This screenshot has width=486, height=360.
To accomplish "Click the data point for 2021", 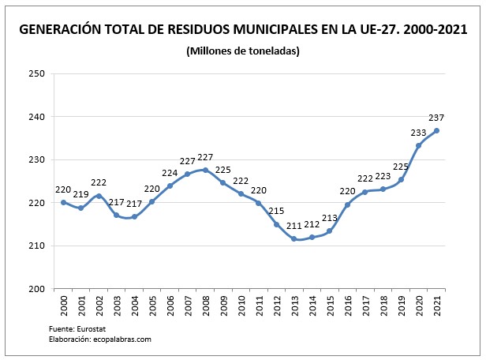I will [x=436, y=131].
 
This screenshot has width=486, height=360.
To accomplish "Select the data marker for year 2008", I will [x=205, y=170].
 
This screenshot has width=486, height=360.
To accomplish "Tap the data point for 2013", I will [x=293, y=238].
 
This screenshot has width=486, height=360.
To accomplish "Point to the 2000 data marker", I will [x=63, y=202].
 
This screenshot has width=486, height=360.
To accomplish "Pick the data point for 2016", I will [x=347, y=205].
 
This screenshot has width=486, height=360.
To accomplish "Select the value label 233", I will [x=420, y=132].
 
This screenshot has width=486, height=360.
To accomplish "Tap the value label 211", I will [x=293, y=226].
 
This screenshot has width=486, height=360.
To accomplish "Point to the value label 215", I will [x=277, y=212].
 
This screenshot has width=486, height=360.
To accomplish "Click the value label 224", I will [x=170, y=173].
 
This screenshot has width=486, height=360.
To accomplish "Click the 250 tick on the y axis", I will [x=37, y=74].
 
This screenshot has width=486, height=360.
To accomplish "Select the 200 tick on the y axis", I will [x=37, y=289].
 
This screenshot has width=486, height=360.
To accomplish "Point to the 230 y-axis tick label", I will [x=37, y=160].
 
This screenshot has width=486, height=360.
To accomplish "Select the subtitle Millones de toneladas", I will [x=243, y=51].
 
